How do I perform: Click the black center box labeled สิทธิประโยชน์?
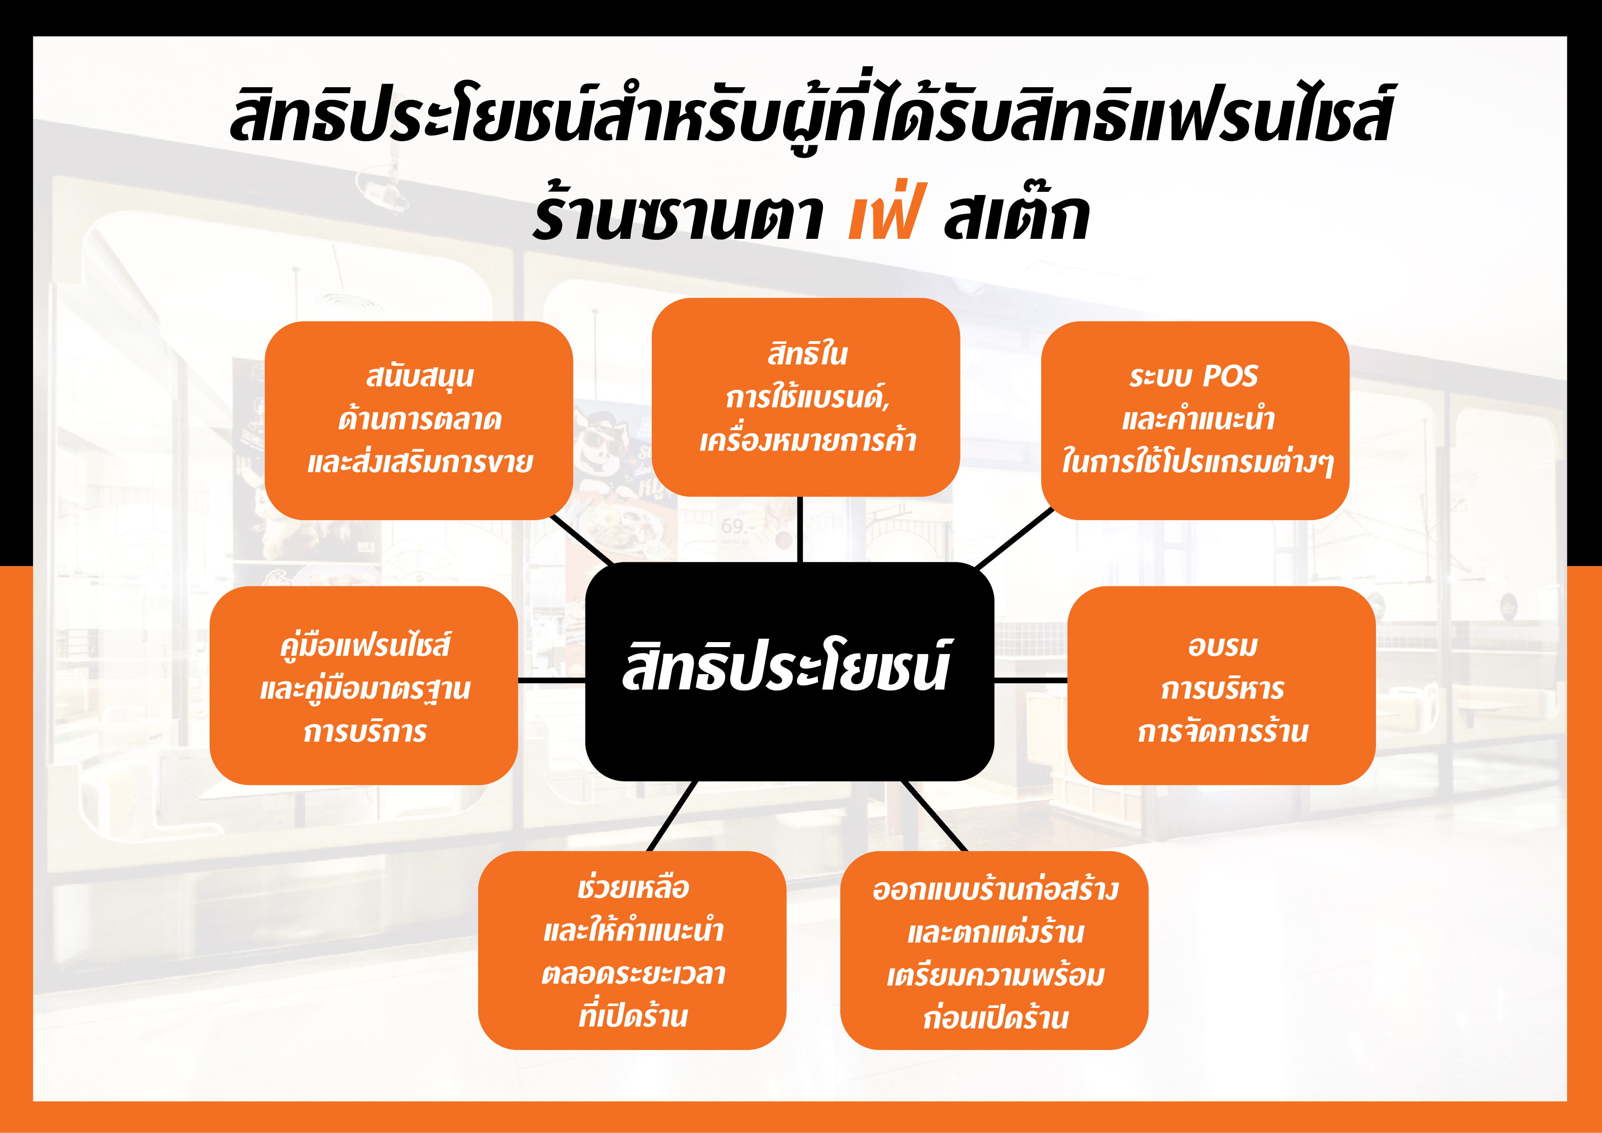tap(789, 671)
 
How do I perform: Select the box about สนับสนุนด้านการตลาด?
tap(419, 420)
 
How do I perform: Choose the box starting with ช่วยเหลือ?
tap(632, 950)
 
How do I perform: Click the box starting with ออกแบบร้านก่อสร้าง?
tap(994, 950)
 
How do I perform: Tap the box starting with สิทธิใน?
tap(806, 397)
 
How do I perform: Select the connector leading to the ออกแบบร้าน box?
tap(934, 816)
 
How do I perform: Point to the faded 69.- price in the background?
tap(734, 526)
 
